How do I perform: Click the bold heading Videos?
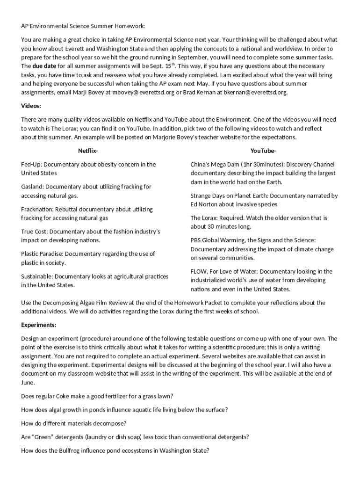(31, 106)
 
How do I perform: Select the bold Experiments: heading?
(39, 325)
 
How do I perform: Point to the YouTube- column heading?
(263, 151)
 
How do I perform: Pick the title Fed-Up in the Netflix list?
(31, 164)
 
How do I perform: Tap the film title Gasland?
(32, 187)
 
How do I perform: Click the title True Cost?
(34, 232)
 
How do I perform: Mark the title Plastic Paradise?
(42, 254)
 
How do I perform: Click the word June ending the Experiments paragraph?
(28, 383)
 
